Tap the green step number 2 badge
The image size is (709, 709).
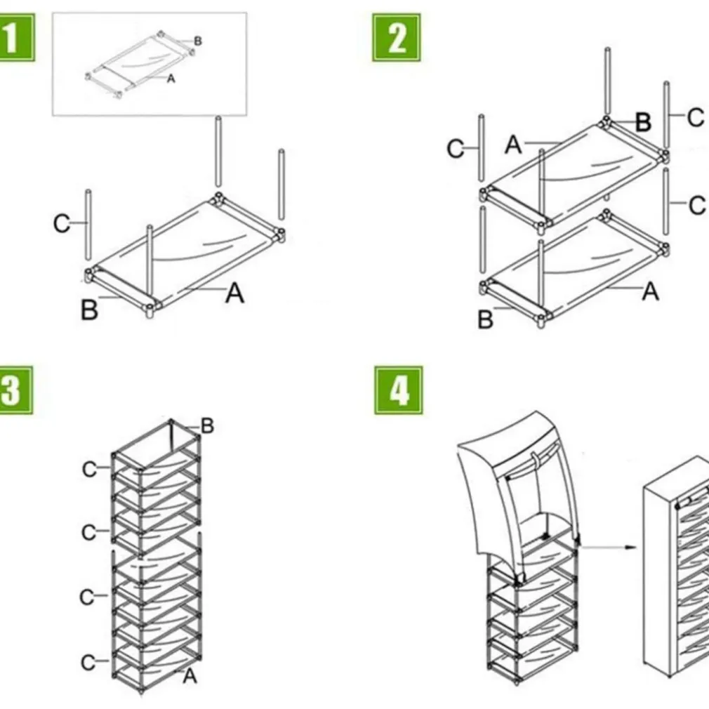point(397,37)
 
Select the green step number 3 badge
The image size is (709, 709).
point(14,390)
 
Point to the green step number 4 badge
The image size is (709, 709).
point(398,390)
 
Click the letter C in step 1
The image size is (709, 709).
point(62,224)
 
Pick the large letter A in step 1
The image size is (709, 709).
point(234,293)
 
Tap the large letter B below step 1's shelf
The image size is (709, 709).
point(89,310)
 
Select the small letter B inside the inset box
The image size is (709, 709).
point(198,41)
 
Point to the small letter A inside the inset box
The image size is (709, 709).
point(171,79)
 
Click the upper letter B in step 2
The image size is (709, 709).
point(643,122)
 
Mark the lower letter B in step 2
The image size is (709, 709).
point(486,319)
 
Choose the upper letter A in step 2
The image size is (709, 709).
point(514,145)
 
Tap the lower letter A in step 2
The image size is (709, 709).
point(651,290)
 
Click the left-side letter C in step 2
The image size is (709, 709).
point(456,149)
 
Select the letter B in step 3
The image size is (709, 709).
point(207,425)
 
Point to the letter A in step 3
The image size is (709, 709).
point(190,676)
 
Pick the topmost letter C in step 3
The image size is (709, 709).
point(89,469)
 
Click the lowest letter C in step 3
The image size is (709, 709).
point(88,662)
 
